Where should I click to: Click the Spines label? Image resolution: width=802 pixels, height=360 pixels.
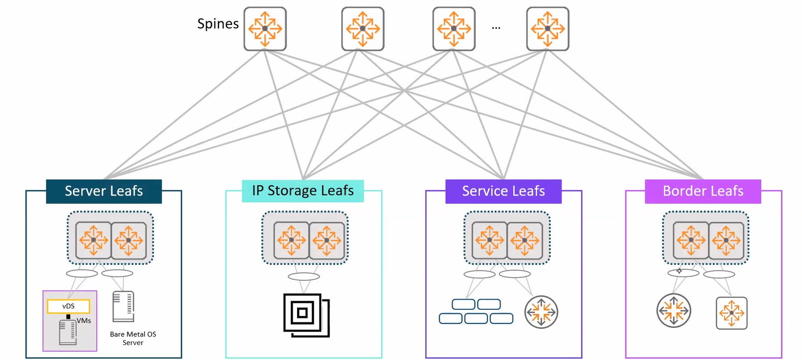218,24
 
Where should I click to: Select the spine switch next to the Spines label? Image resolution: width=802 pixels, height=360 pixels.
265,29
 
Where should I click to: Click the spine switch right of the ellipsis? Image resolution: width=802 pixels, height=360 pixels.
547,29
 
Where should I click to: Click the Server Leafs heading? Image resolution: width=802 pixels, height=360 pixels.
104,191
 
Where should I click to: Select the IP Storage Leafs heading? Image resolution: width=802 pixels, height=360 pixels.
303,191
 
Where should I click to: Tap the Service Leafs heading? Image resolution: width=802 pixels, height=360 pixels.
503,191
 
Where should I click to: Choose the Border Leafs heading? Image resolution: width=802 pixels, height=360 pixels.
703,191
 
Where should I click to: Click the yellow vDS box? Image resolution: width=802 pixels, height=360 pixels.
68,306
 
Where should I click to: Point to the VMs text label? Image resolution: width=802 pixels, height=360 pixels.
84,321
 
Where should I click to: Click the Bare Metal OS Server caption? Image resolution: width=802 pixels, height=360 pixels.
133,338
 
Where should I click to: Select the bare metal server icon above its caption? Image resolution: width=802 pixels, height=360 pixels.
123,307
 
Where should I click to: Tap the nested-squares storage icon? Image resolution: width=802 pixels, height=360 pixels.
306,315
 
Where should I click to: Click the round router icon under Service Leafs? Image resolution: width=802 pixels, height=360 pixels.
541,312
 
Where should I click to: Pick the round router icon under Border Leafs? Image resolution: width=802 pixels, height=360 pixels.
673,311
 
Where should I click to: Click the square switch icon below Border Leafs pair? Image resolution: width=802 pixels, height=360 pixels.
731,313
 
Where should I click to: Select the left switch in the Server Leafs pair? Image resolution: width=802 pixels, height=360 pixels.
93,240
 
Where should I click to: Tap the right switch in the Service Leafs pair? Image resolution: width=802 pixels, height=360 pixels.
524,240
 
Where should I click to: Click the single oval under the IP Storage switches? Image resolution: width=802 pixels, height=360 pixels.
304,276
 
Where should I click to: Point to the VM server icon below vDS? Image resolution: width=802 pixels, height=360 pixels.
68,332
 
